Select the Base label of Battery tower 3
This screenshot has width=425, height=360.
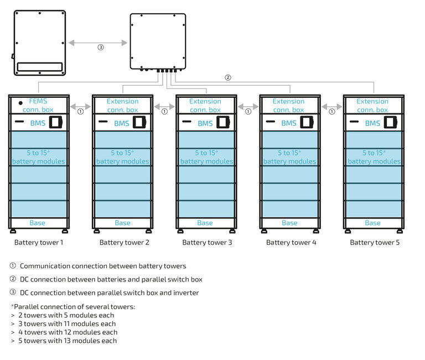[x=205, y=223]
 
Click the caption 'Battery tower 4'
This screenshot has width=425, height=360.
[x=289, y=242]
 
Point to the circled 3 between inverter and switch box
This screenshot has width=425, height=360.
[x=100, y=47]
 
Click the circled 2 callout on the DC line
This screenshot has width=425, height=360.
[x=227, y=77]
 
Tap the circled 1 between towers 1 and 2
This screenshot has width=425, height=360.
[x=80, y=111]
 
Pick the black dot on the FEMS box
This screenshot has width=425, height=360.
[x=20, y=102]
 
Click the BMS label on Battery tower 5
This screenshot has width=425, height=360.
[x=372, y=123]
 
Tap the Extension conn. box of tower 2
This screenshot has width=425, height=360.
[x=123, y=105]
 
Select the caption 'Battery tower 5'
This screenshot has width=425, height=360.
[x=375, y=242]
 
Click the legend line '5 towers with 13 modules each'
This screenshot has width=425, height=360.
[x=68, y=341]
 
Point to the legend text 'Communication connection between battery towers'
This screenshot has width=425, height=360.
[x=103, y=266]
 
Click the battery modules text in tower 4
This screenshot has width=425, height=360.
[x=289, y=157]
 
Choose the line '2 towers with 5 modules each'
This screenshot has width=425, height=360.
[x=66, y=315]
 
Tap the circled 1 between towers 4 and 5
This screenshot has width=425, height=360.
[x=331, y=111]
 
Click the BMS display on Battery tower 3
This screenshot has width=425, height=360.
[x=224, y=123]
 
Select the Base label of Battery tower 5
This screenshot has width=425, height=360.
[x=372, y=223]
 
